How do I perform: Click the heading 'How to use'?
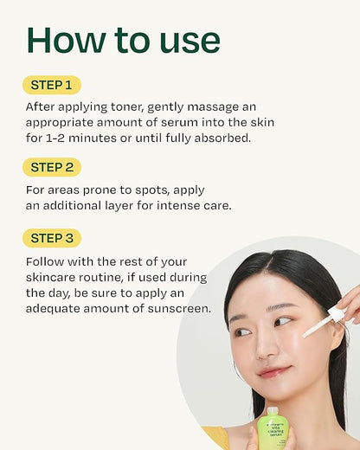[123, 40]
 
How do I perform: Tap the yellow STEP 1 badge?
[52, 85]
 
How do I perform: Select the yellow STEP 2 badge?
[52, 167]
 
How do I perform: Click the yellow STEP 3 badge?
[52, 236]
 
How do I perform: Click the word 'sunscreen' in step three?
[178, 308]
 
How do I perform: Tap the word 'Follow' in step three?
[48, 261]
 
